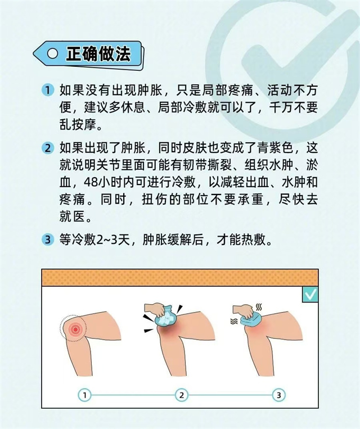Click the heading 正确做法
click(98, 53)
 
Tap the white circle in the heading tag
click(52, 53)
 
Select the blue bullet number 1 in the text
click(48, 90)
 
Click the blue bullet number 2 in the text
click(48, 148)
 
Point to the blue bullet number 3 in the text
click(48, 240)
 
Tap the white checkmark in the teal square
click(310, 295)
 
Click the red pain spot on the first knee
click(75, 329)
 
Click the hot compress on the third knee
click(250, 319)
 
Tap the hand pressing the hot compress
click(243, 311)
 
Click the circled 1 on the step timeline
click(84, 395)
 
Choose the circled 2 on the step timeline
click(182, 395)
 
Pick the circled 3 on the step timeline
click(278, 395)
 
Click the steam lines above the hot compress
click(258, 307)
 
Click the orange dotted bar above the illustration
click(180, 278)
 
